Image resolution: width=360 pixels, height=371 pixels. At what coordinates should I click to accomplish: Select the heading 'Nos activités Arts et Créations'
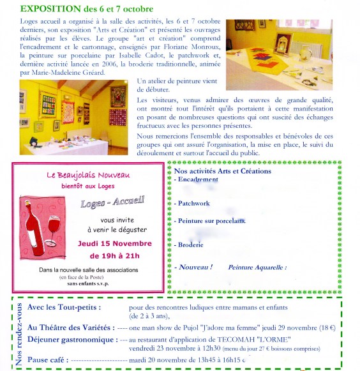223,171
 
